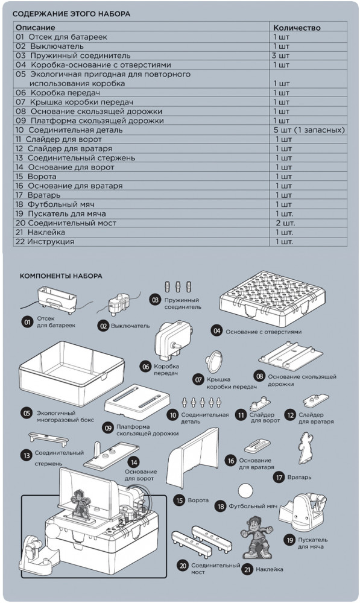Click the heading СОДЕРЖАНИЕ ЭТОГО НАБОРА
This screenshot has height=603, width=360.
click(71, 14)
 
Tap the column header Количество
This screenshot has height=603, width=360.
click(297, 28)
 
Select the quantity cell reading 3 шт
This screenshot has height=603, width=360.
click(281, 55)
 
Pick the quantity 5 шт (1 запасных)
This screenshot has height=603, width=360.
click(309, 130)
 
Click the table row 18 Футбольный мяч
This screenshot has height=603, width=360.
click(55, 204)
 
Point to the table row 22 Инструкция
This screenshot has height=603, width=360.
click(45, 242)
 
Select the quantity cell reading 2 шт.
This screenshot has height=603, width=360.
click(285, 223)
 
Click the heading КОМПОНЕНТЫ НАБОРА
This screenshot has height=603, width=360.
click(61, 276)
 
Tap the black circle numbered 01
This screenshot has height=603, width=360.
click(27, 322)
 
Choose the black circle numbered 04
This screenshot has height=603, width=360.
click(217, 330)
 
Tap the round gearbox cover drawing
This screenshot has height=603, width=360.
click(214, 361)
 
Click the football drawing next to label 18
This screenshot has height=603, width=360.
click(245, 491)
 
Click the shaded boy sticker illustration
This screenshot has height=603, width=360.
click(256, 537)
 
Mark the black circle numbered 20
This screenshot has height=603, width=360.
click(183, 566)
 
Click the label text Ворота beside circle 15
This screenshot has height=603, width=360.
click(198, 500)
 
